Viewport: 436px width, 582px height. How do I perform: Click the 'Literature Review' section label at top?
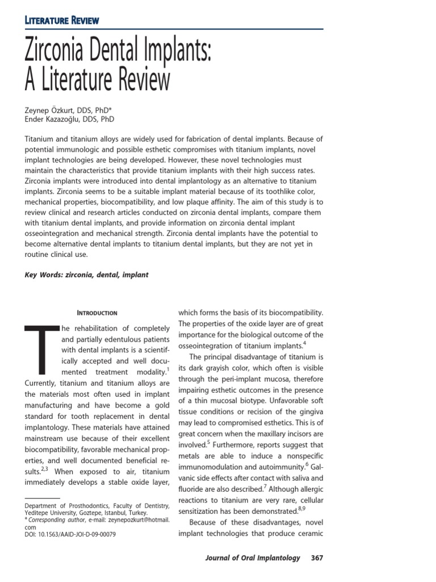[62, 20]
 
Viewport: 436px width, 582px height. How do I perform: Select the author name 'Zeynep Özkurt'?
[51, 109]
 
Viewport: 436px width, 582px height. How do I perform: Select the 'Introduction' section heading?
[97, 313]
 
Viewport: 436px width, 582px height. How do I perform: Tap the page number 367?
[317, 558]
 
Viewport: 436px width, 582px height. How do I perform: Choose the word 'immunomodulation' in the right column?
[211, 465]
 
